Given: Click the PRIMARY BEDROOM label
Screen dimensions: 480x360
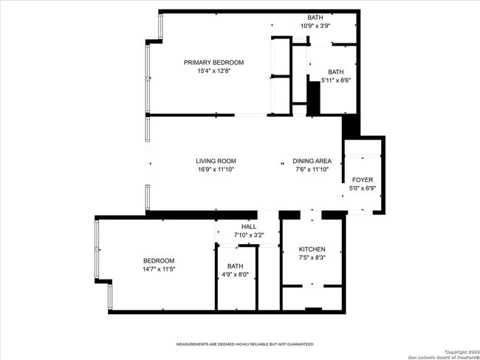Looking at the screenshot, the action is click(x=213, y=63).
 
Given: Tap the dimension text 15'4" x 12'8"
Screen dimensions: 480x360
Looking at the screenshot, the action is click(x=213, y=71).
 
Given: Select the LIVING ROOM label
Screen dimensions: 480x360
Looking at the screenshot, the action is click(x=216, y=161).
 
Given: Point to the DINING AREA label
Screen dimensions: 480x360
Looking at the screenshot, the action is click(x=312, y=161).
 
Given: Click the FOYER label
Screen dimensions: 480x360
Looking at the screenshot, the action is click(x=363, y=180).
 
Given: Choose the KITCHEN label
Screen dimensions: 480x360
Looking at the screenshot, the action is click(x=312, y=249).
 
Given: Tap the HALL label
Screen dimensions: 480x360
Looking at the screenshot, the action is click(x=249, y=226).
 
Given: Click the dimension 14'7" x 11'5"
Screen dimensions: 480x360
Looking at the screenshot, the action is click(x=159, y=269).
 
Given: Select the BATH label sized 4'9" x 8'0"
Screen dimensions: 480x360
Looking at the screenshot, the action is click(x=235, y=266).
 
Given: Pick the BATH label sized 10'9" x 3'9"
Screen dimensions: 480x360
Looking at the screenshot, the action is click(x=315, y=18).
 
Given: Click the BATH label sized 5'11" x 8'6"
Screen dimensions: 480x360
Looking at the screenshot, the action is click(x=336, y=72).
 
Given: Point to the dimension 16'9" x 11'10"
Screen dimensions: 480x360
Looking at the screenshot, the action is click(x=216, y=170).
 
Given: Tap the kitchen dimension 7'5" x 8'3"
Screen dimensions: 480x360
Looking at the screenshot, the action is click(x=312, y=257).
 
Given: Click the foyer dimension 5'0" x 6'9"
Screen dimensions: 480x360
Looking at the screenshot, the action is click(x=363, y=188).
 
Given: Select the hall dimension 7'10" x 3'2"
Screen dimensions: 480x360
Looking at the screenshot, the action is click(x=249, y=235).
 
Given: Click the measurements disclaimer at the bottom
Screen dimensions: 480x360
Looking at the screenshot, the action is click(x=245, y=345).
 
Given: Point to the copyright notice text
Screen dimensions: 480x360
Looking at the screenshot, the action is click(x=444, y=355).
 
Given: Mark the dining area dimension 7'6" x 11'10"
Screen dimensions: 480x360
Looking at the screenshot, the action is click(x=312, y=170).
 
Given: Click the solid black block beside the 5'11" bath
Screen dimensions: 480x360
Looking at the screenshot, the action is click(x=313, y=99).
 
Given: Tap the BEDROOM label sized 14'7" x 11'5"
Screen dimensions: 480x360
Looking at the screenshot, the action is click(x=159, y=261).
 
